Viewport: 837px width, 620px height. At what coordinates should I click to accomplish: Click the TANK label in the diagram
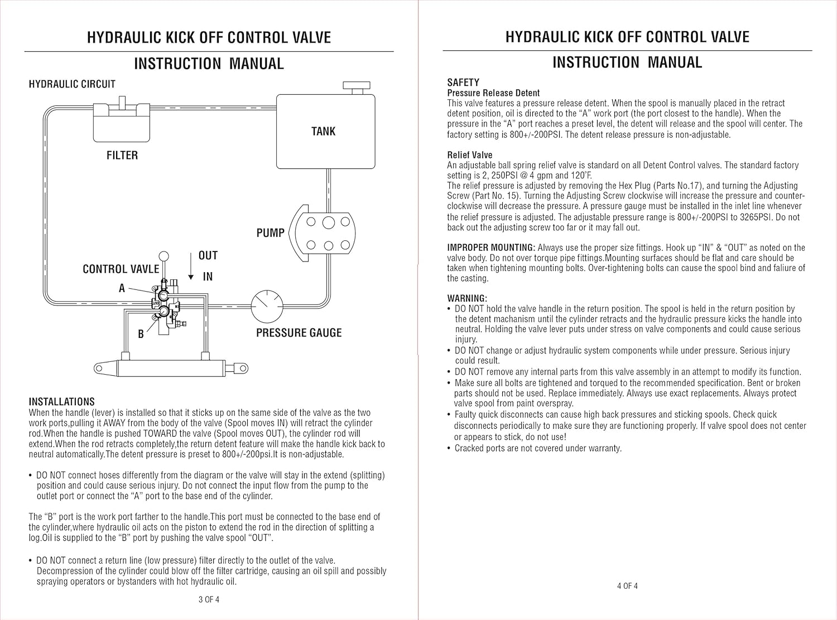click(323, 132)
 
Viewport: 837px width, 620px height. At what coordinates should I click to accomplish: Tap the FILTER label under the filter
click(122, 156)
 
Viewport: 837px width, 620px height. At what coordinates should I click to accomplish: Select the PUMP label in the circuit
click(271, 233)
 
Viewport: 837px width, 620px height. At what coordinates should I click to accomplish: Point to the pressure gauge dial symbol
click(267, 306)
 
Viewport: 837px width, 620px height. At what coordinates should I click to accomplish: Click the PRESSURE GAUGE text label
click(299, 333)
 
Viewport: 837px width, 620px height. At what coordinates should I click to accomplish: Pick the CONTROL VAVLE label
click(121, 269)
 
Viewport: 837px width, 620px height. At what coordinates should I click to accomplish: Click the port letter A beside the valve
click(122, 288)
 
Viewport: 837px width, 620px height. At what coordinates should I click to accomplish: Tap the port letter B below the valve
click(141, 334)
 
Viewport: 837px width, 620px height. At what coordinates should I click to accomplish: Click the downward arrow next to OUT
click(191, 269)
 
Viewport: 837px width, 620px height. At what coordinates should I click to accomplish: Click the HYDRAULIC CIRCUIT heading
click(72, 84)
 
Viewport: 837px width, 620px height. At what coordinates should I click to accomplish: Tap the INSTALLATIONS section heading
click(61, 401)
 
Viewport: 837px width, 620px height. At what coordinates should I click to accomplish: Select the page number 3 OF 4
click(209, 600)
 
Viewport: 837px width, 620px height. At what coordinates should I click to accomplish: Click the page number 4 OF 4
click(627, 586)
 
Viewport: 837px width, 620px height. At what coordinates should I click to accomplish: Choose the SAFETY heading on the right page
click(463, 83)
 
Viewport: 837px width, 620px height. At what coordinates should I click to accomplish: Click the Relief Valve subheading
click(470, 155)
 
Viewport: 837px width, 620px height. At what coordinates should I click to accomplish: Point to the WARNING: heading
click(467, 298)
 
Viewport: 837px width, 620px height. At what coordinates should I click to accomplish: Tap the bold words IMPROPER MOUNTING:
click(491, 248)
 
